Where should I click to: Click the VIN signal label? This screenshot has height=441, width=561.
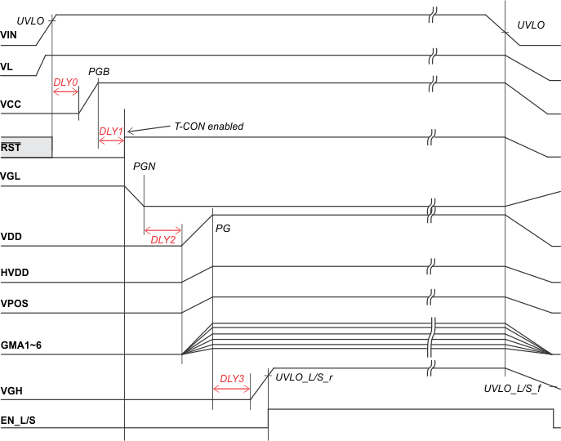click(x=9, y=36)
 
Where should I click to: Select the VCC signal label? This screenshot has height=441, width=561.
click(x=11, y=105)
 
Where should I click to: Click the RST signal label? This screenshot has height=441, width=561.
click(x=11, y=148)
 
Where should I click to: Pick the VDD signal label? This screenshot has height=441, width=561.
click(x=11, y=238)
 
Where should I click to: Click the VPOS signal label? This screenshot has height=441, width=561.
click(x=15, y=304)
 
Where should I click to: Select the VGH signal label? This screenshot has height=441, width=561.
click(x=11, y=391)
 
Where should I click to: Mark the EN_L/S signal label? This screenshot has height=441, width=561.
click(x=18, y=420)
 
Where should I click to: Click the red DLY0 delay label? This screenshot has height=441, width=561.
click(x=65, y=82)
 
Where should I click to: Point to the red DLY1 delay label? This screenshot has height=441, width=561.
click(x=110, y=131)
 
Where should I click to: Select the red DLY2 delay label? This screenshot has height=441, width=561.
click(x=163, y=239)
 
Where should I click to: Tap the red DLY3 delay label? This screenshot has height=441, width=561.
click(x=232, y=378)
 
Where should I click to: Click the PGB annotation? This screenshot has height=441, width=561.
click(x=99, y=72)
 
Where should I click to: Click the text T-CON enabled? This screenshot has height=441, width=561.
click(x=209, y=127)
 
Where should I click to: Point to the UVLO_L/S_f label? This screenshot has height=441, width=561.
click(x=512, y=388)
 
